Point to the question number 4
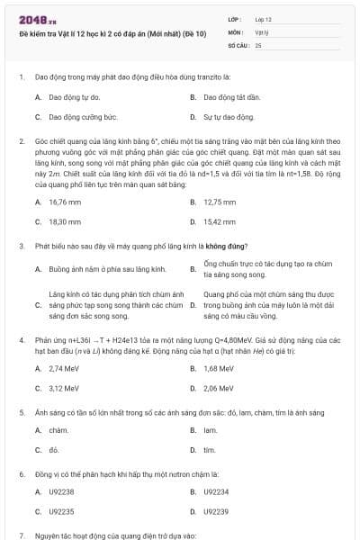click(x=21, y=342)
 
